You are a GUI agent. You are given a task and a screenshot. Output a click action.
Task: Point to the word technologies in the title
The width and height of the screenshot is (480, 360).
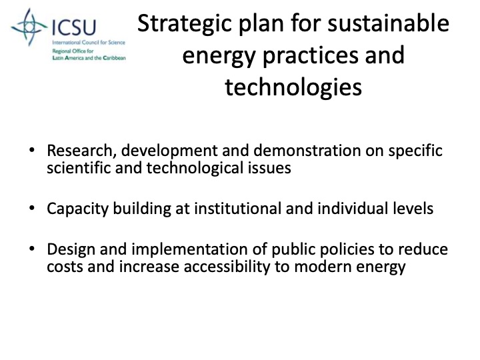[x=293, y=86]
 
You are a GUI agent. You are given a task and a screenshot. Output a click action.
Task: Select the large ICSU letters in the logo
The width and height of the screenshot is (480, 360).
[x=73, y=27]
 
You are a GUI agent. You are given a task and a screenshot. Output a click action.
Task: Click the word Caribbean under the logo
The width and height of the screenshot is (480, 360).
[x=111, y=58]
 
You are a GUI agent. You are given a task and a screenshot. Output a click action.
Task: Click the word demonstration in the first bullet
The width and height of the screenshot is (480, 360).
[x=296, y=151]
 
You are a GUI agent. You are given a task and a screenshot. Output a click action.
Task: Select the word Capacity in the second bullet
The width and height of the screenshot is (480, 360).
[x=74, y=209]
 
